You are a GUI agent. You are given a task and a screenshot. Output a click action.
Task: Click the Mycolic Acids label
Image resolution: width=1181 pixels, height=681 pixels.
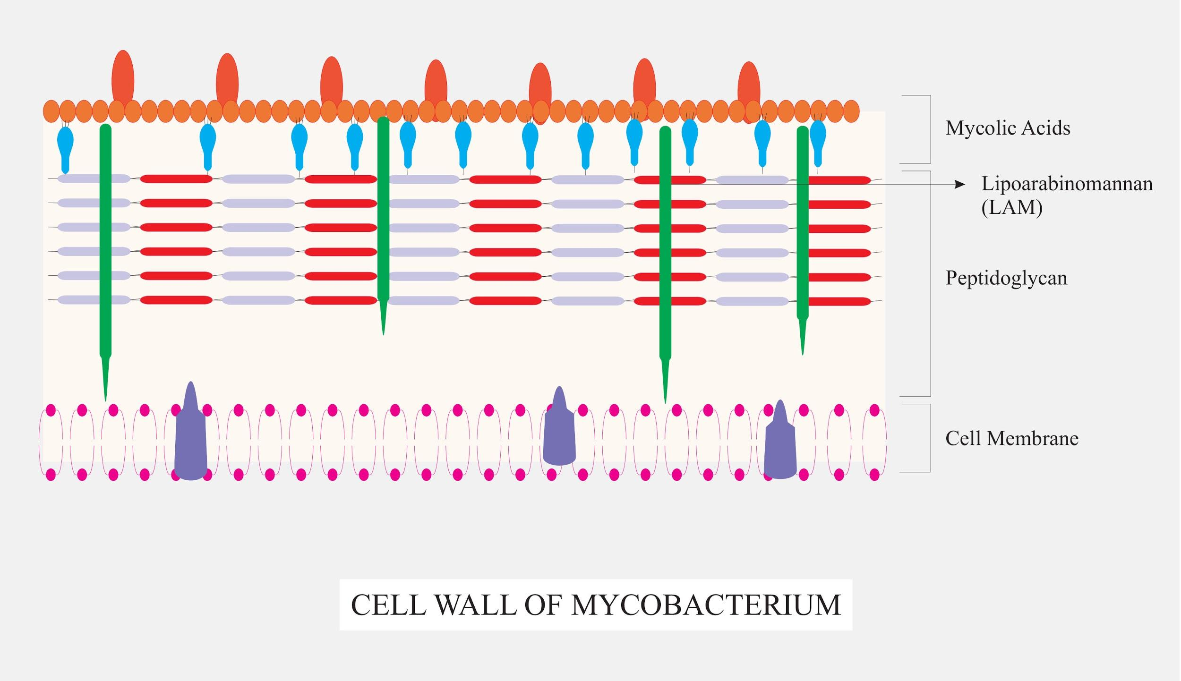[1007, 128]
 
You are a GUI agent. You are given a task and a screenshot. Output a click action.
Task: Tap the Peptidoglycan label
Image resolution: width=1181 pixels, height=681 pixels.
[1006, 278]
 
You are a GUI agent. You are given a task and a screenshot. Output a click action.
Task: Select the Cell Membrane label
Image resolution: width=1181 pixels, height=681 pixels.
[1011, 438]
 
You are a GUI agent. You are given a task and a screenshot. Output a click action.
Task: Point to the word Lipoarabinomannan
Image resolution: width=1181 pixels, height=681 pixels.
[1067, 184]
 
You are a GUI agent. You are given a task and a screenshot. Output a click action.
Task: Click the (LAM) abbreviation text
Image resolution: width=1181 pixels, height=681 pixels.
[1011, 207]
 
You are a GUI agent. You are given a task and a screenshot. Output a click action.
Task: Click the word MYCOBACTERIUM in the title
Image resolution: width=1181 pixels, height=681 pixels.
[706, 605]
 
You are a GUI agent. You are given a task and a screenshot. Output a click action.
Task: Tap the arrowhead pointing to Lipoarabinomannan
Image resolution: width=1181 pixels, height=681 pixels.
[960, 184]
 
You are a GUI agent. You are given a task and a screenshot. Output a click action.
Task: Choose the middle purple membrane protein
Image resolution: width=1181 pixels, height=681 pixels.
[559, 434]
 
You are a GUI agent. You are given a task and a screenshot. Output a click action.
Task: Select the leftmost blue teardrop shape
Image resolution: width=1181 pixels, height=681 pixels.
[65, 144]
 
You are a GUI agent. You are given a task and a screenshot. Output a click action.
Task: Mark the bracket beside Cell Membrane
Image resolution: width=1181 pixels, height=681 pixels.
[929, 438]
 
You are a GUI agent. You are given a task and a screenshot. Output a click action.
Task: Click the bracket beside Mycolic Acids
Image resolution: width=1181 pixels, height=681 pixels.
[929, 129]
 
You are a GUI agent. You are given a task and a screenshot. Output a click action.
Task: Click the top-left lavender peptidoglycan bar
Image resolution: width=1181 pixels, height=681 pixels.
[94, 179]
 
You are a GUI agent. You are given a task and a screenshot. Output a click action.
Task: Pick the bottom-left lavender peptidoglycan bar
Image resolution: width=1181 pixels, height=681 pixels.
[94, 299]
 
